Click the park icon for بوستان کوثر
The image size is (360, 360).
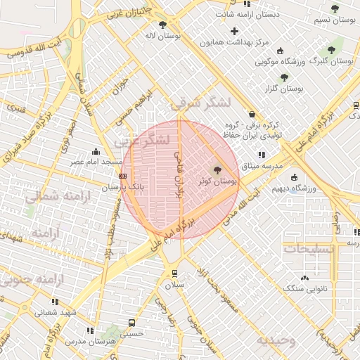tap(217, 169)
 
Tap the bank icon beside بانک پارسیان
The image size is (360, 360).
tap(123, 176)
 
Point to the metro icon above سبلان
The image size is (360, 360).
tap(174, 274)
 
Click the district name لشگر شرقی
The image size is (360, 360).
tap(200, 103)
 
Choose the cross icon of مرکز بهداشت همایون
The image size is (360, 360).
tap(235, 31)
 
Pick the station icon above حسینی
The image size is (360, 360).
tap(131, 323)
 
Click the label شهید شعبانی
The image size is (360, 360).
tap(58, 312)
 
